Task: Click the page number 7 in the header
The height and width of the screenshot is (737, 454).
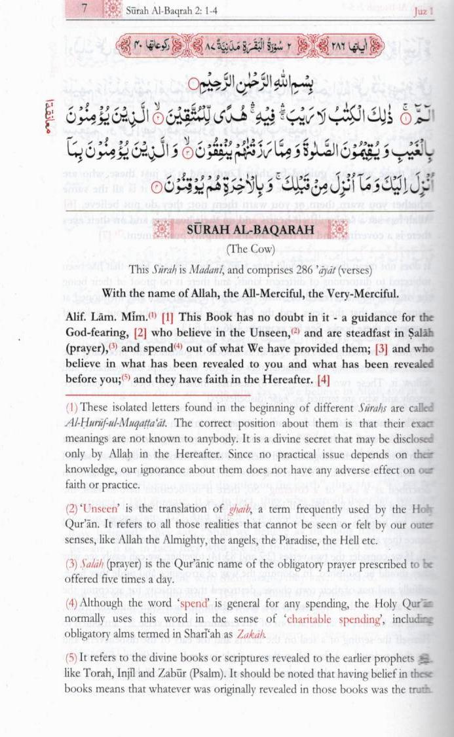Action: pos(86,9)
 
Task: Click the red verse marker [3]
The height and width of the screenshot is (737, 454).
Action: pos(383,348)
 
